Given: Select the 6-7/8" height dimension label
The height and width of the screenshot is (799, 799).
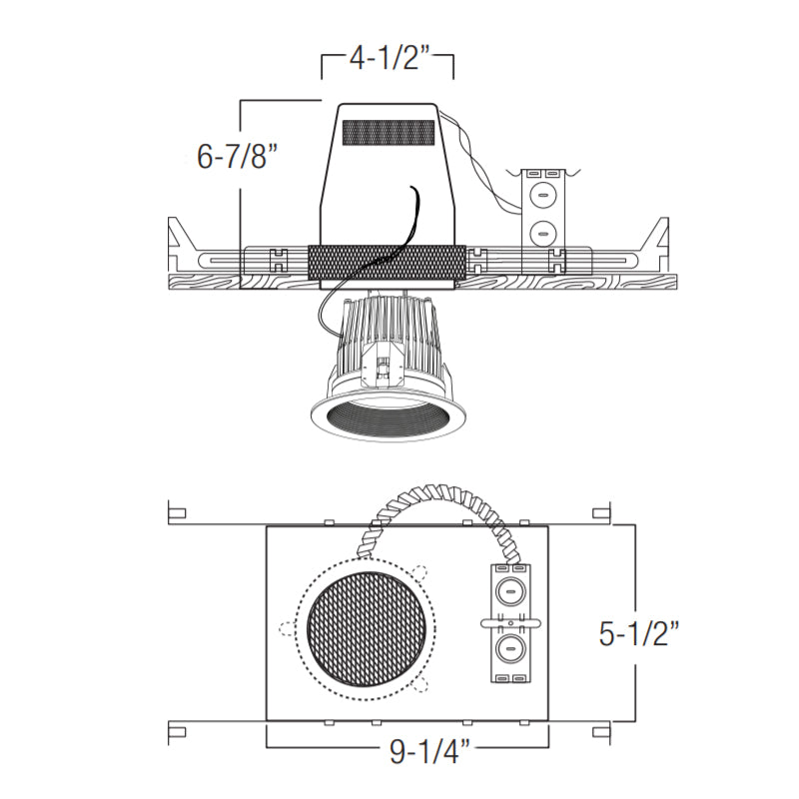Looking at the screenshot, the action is pos(240,156).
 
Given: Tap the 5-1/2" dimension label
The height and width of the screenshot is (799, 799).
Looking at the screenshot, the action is pos(640,634).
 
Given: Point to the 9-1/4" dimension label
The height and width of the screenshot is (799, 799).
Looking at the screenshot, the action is pos(430,751).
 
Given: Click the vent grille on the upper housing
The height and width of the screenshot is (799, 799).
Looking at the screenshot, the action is pos(389,133).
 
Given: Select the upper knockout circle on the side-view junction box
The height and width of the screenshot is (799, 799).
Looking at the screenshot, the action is pos(540,195).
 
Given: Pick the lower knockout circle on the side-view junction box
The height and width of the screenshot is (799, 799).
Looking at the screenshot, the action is pos(540,234).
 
